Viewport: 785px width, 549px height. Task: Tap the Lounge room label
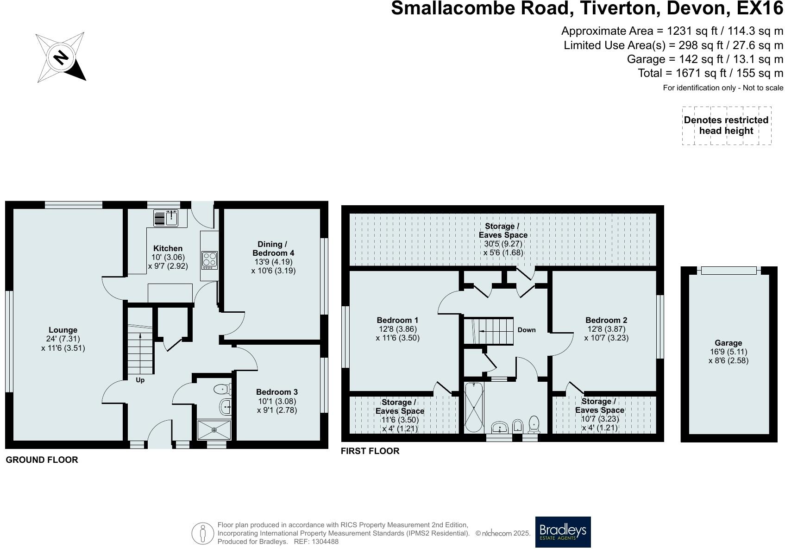coord(63,330)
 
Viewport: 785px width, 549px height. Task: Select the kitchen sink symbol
coord(166,218)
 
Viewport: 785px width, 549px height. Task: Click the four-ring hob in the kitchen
coord(209,260)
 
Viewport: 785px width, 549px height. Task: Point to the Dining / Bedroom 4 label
coord(273,248)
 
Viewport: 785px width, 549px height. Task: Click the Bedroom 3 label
coord(276,392)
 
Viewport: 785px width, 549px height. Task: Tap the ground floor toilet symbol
coord(223,389)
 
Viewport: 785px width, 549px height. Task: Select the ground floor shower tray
coord(214,429)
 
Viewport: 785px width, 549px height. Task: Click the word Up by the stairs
coord(140,380)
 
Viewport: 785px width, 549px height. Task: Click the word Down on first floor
coord(527,330)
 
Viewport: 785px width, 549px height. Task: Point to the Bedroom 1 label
coord(397,320)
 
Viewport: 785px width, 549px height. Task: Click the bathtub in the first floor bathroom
coord(474,408)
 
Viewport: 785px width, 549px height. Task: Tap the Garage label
coord(728,343)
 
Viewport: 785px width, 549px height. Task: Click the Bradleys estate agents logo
coord(563,532)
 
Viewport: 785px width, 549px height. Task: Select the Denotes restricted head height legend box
coord(726,126)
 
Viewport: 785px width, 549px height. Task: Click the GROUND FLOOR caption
coord(42,460)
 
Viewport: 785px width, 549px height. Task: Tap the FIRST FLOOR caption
coord(370,451)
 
